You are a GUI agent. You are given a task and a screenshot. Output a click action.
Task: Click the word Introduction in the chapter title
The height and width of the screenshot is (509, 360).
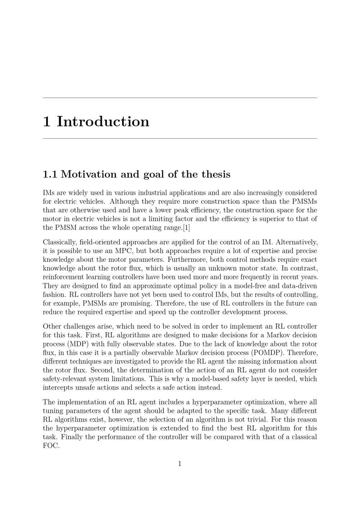(103, 122)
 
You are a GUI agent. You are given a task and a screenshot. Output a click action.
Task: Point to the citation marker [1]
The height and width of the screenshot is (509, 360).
(186, 228)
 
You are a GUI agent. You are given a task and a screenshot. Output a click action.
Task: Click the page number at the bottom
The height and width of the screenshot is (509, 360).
(180, 464)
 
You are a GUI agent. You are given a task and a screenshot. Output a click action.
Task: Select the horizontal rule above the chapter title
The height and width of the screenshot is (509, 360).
(180, 98)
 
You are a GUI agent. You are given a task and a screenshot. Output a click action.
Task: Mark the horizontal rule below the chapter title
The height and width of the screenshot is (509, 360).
(180, 138)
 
